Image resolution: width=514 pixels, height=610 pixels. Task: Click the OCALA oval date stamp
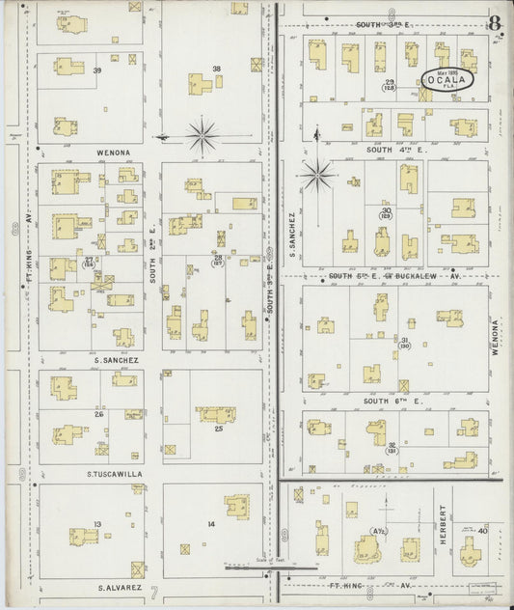(446, 81)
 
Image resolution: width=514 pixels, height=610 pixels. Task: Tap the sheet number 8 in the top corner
(495, 22)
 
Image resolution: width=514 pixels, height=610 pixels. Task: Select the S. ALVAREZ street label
(119, 586)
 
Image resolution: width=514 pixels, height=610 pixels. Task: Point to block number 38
(217, 69)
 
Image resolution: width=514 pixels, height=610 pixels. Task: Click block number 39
(96, 70)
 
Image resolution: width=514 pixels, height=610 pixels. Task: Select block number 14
(210, 524)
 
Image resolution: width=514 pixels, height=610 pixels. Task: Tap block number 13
(96, 524)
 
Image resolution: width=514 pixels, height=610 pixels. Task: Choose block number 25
(218, 428)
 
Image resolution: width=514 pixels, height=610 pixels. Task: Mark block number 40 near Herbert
(482, 530)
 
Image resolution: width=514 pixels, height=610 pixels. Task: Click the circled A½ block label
(379, 531)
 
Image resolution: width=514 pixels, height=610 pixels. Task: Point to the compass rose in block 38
(202, 135)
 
